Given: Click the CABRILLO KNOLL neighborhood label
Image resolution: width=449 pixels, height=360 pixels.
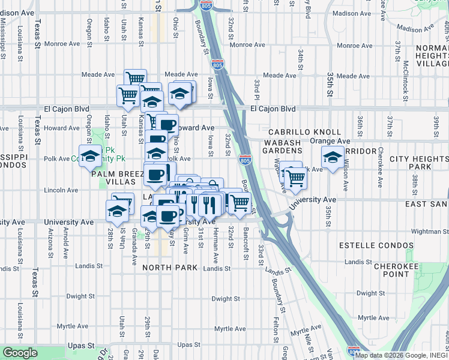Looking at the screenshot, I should coord(304,131).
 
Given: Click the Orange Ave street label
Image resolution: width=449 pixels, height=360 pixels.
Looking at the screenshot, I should coord(330,140).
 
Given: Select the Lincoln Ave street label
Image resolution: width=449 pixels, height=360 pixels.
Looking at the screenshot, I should coord(61,190).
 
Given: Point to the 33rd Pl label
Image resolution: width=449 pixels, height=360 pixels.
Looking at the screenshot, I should coord(256,89).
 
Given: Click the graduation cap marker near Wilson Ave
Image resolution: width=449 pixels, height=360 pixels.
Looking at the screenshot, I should coord(333,157).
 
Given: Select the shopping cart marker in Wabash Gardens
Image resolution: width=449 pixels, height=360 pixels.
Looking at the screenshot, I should coord(295,177).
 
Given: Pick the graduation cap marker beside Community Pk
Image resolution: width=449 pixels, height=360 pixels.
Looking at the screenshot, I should coord(90,156).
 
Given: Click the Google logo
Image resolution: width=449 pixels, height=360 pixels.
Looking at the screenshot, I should coord(20,353).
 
